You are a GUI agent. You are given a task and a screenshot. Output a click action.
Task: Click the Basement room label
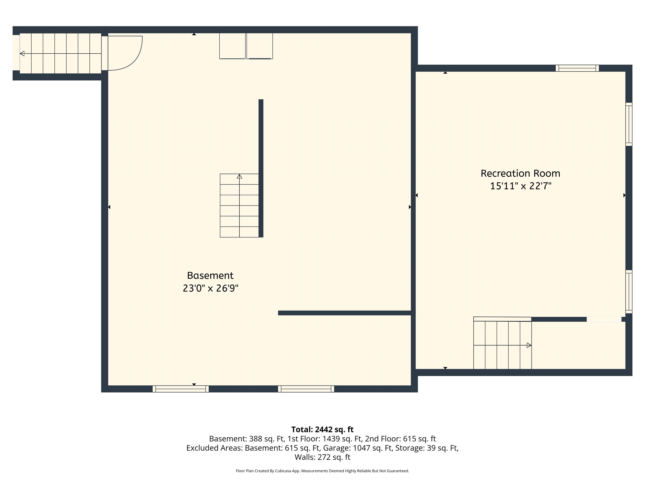(x=210, y=275)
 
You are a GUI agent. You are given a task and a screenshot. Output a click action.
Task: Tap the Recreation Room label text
(x=520, y=173)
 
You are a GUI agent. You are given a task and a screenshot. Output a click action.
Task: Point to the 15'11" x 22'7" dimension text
(x=521, y=186)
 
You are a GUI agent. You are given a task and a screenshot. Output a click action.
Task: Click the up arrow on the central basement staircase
(x=239, y=176)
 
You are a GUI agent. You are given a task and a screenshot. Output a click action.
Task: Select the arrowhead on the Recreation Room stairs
(x=529, y=345)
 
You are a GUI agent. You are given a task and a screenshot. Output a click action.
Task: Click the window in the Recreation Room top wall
(x=577, y=68)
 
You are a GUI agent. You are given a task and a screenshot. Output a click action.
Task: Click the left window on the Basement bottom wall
(x=181, y=389)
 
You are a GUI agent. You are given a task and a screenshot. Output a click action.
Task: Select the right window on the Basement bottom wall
(x=306, y=389)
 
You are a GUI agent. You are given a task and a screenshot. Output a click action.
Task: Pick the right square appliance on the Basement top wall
(x=260, y=46)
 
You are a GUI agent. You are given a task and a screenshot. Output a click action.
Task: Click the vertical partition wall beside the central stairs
(x=261, y=168)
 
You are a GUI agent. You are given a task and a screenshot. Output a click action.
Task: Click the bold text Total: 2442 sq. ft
(x=322, y=429)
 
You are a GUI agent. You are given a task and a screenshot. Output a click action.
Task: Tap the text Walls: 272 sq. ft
(x=322, y=457)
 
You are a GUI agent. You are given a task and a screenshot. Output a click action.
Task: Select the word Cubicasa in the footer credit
(x=283, y=471)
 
